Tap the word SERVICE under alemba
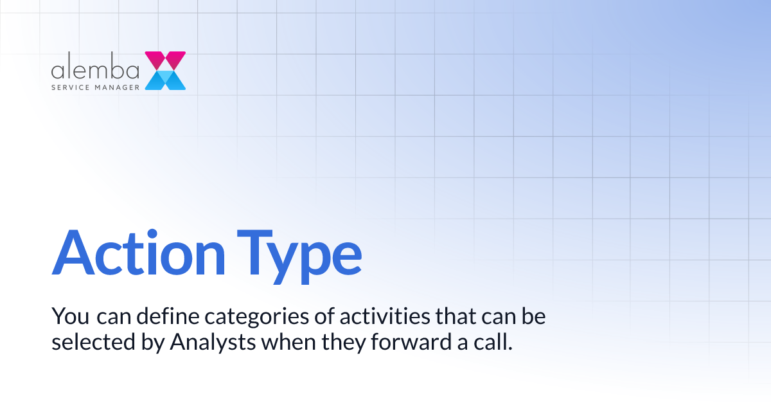coord(72,85)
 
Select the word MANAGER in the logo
coord(118,85)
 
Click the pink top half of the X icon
coord(165,60)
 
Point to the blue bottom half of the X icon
coord(165,80)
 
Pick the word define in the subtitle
coord(156,316)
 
